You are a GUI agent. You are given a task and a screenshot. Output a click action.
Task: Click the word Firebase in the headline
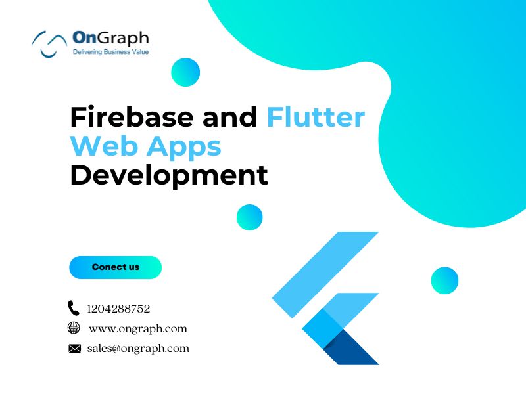click(x=132, y=116)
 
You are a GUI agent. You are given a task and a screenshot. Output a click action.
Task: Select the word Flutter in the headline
click(x=316, y=116)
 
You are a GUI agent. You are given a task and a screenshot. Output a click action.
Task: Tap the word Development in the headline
click(x=169, y=175)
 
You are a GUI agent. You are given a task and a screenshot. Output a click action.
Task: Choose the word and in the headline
click(x=230, y=116)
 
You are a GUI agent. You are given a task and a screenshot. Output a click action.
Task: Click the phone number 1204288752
click(x=118, y=309)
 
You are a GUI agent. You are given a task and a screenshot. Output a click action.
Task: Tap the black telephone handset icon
click(x=74, y=308)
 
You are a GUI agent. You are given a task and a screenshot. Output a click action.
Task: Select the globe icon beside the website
click(x=74, y=328)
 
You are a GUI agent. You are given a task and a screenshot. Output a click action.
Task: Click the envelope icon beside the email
click(x=74, y=349)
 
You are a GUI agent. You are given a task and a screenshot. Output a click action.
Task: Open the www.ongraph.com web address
click(x=138, y=329)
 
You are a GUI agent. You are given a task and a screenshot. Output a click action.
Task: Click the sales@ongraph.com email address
click(x=138, y=349)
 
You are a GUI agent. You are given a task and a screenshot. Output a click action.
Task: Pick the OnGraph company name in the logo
click(x=110, y=38)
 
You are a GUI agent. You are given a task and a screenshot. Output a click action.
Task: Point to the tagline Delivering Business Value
click(x=110, y=52)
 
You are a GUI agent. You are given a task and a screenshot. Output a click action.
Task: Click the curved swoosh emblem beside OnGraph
click(x=49, y=44)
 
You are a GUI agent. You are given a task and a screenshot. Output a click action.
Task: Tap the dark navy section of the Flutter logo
click(x=349, y=349)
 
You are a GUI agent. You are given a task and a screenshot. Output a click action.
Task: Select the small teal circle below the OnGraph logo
click(x=185, y=72)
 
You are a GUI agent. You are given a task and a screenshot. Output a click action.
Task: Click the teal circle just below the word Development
click(x=250, y=217)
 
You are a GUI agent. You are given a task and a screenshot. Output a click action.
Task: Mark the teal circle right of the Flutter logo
click(x=445, y=280)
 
